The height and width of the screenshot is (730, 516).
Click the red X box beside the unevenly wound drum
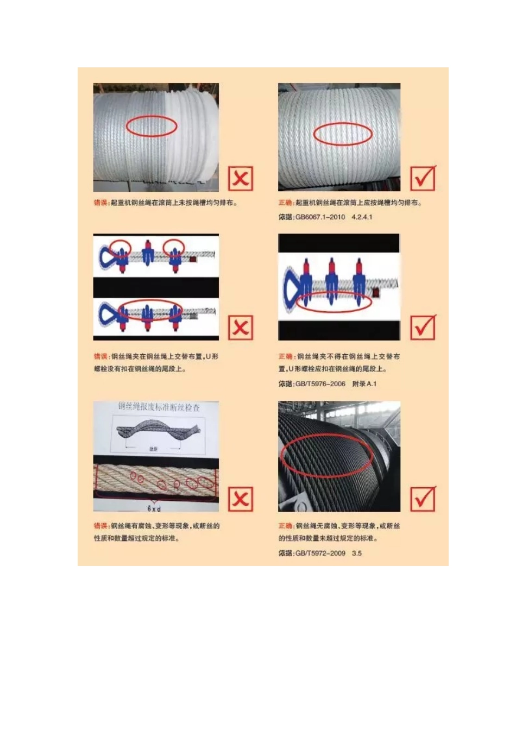[x=241, y=178]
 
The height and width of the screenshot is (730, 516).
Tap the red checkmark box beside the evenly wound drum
[x=423, y=178]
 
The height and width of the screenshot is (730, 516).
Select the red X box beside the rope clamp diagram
[x=241, y=328]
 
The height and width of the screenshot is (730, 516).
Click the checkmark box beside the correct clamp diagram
[x=423, y=328]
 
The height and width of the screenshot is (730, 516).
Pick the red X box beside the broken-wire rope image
[x=241, y=499]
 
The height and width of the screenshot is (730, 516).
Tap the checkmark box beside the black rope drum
[x=423, y=499]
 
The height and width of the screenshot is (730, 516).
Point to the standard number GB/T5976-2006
[x=320, y=384]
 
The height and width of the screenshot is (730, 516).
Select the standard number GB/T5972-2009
[x=320, y=553]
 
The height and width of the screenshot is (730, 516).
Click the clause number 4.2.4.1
[x=362, y=217]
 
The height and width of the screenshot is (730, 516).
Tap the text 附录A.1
[x=364, y=384]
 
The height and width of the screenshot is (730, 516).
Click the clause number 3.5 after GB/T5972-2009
[x=357, y=553]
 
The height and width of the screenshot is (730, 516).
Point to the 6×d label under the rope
[x=154, y=509]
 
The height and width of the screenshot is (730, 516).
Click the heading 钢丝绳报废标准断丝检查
[x=159, y=407]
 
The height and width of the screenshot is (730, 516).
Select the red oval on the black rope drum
[x=326, y=455]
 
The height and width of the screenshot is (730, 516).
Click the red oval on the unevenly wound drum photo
[x=152, y=126]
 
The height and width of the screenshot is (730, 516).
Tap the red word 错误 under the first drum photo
[x=100, y=203]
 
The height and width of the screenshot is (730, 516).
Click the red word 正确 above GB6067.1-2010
[x=285, y=203]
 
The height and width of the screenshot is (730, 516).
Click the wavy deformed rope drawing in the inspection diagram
[x=158, y=430]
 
